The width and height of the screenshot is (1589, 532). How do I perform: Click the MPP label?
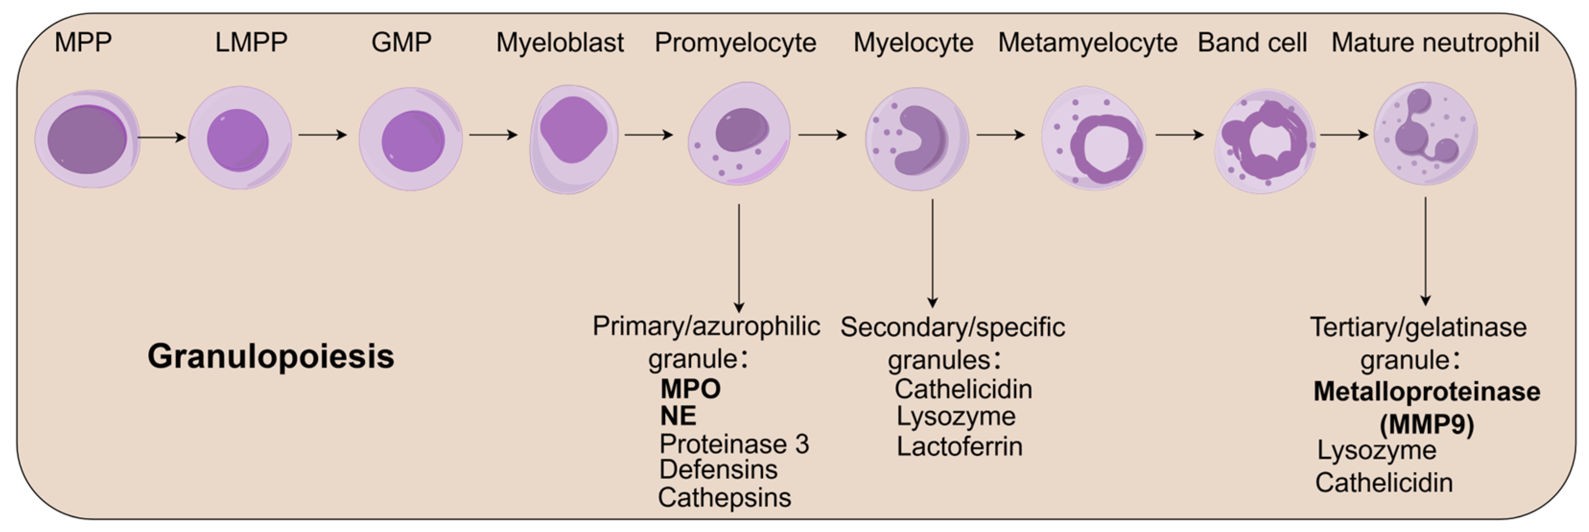(x=83, y=43)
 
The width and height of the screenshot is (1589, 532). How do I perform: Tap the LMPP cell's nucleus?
(x=237, y=140)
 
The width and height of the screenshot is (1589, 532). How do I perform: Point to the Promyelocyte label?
(x=735, y=43)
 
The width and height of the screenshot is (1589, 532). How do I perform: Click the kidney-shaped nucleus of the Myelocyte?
(x=922, y=140)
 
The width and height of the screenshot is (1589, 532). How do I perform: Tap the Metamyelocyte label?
(x=1087, y=43)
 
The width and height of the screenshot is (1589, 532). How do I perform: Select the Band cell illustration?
(x=1264, y=140)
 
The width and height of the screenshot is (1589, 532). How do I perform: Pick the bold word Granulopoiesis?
(x=271, y=356)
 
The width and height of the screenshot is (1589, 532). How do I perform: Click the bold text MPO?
(x=690, y=389)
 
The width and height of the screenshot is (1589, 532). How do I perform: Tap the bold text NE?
(x=678, y=416)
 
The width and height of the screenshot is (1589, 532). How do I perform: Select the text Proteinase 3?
(x=734, y=444)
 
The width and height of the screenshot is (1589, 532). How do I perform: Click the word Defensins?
(x=718, y=470)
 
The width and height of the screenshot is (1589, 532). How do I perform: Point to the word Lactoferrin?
(x=959, y=446)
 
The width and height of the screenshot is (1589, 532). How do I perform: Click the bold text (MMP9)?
(x=1427, y=424)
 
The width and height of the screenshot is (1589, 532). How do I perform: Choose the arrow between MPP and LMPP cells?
(x=162, y=137)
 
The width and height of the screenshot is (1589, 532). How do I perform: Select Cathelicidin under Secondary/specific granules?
(x=963, y=389)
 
